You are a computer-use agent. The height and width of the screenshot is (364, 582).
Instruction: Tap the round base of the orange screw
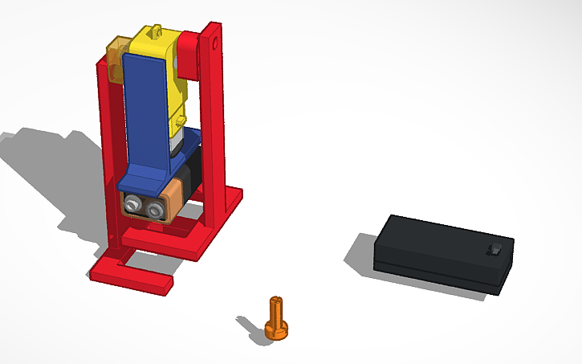pos(277,329)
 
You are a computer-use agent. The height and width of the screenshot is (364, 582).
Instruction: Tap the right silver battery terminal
pos(152,208)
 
